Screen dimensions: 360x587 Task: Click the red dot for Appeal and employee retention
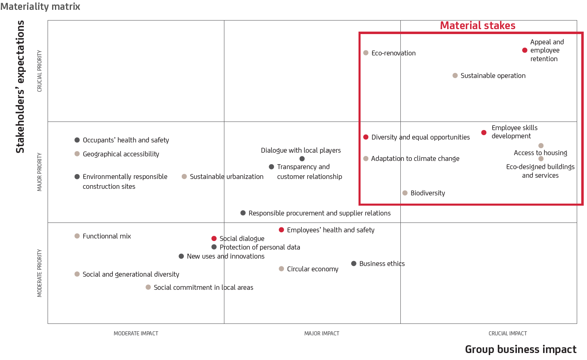point(525,50)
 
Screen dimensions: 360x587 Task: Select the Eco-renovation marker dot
point(366,53)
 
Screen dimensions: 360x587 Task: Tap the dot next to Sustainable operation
point(455,76)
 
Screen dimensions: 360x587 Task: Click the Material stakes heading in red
point(477,25)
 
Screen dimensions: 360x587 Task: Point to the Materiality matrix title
point(40,7)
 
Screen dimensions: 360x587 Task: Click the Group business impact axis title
point(521,349)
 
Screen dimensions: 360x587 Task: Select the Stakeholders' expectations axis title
point(20,87)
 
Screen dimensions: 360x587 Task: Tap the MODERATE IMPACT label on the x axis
point(136,334)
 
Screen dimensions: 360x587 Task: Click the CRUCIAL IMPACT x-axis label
point(507,334)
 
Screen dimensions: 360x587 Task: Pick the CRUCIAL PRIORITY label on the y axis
point(40,71)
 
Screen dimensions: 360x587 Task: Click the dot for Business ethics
point(354,264)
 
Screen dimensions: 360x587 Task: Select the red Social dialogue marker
point(214,238)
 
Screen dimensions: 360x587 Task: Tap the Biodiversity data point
point(405,193)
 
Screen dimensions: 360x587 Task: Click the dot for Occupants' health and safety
point(77,140)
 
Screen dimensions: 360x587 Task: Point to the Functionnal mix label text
point(107,236)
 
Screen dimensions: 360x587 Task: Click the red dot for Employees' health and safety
point(281,230)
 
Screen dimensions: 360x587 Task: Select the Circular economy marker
point(281,269)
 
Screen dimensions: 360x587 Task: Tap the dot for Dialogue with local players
point(302,159)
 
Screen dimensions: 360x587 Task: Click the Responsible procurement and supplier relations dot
point(243,213)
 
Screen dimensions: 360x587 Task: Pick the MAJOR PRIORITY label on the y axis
point(40,172)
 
